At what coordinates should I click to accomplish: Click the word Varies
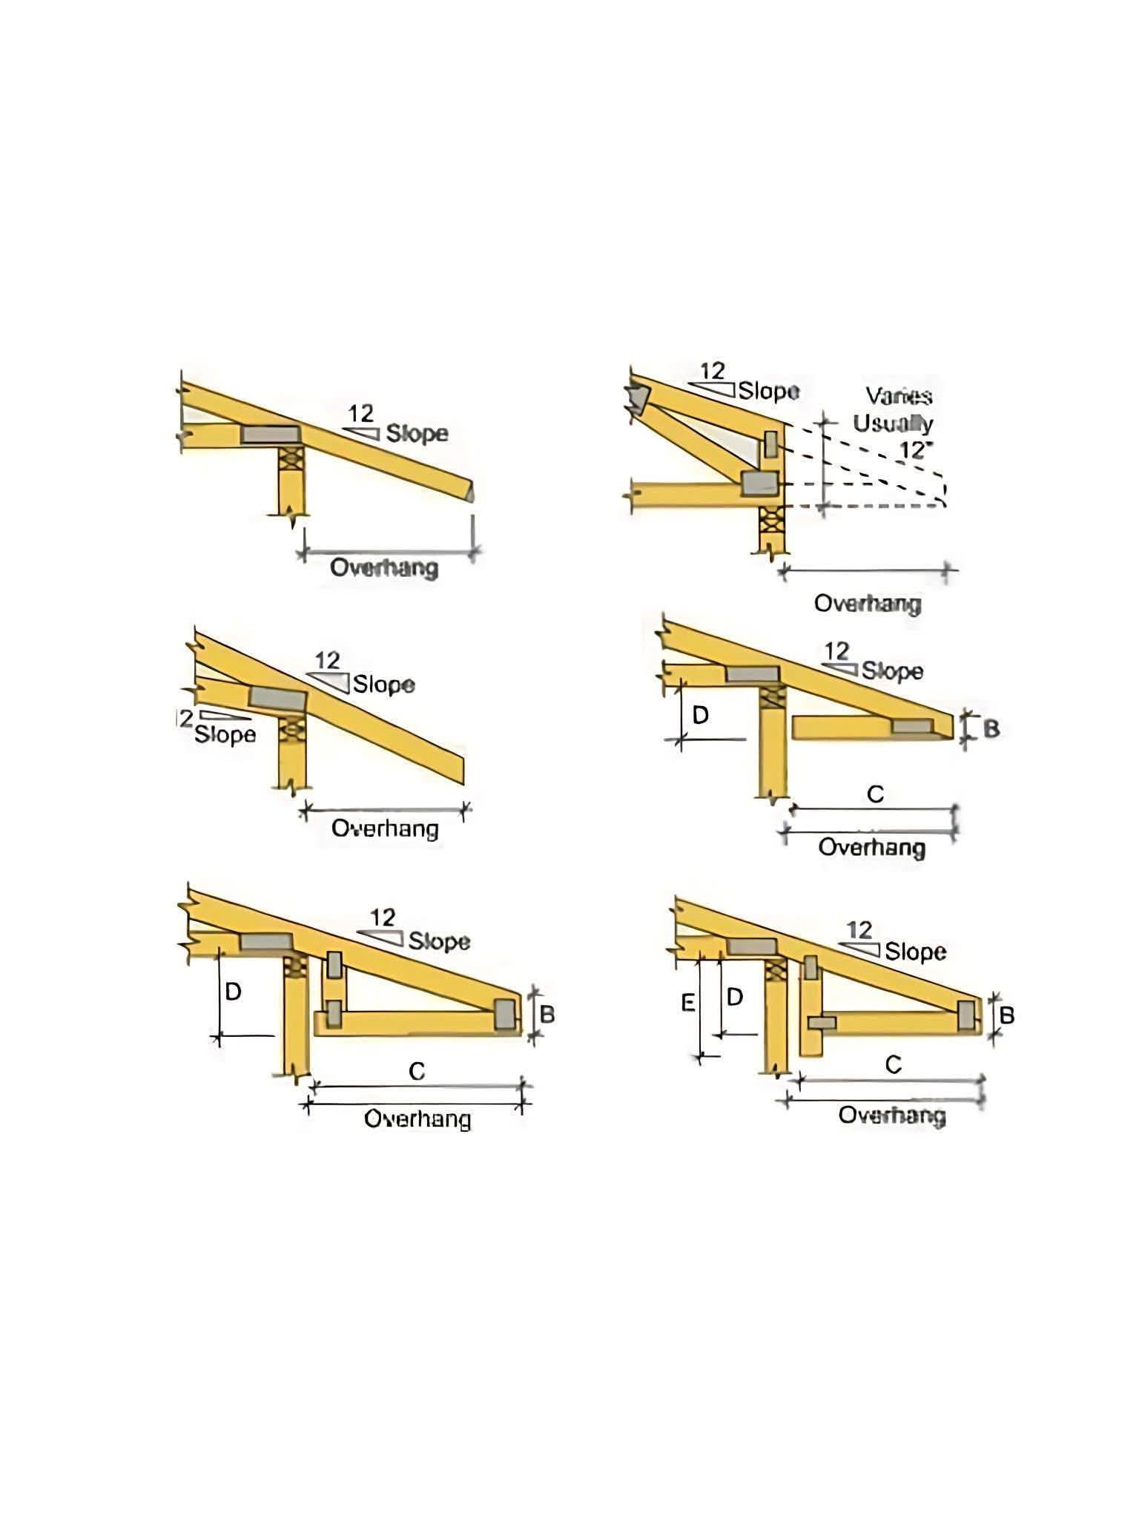pos(899,395)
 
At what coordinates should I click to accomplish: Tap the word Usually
pos(893,424)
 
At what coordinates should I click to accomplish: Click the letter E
pos(688,1004)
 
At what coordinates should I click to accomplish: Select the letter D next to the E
pos(734,997)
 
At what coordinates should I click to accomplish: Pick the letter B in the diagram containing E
pos(1006,1015)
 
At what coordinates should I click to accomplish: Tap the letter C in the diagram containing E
pos(893,1064)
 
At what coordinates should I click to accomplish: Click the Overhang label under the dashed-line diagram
pos(868,603)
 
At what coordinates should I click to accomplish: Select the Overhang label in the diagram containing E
pos(892,1116)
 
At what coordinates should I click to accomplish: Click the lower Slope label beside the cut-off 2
pos(225,734)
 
